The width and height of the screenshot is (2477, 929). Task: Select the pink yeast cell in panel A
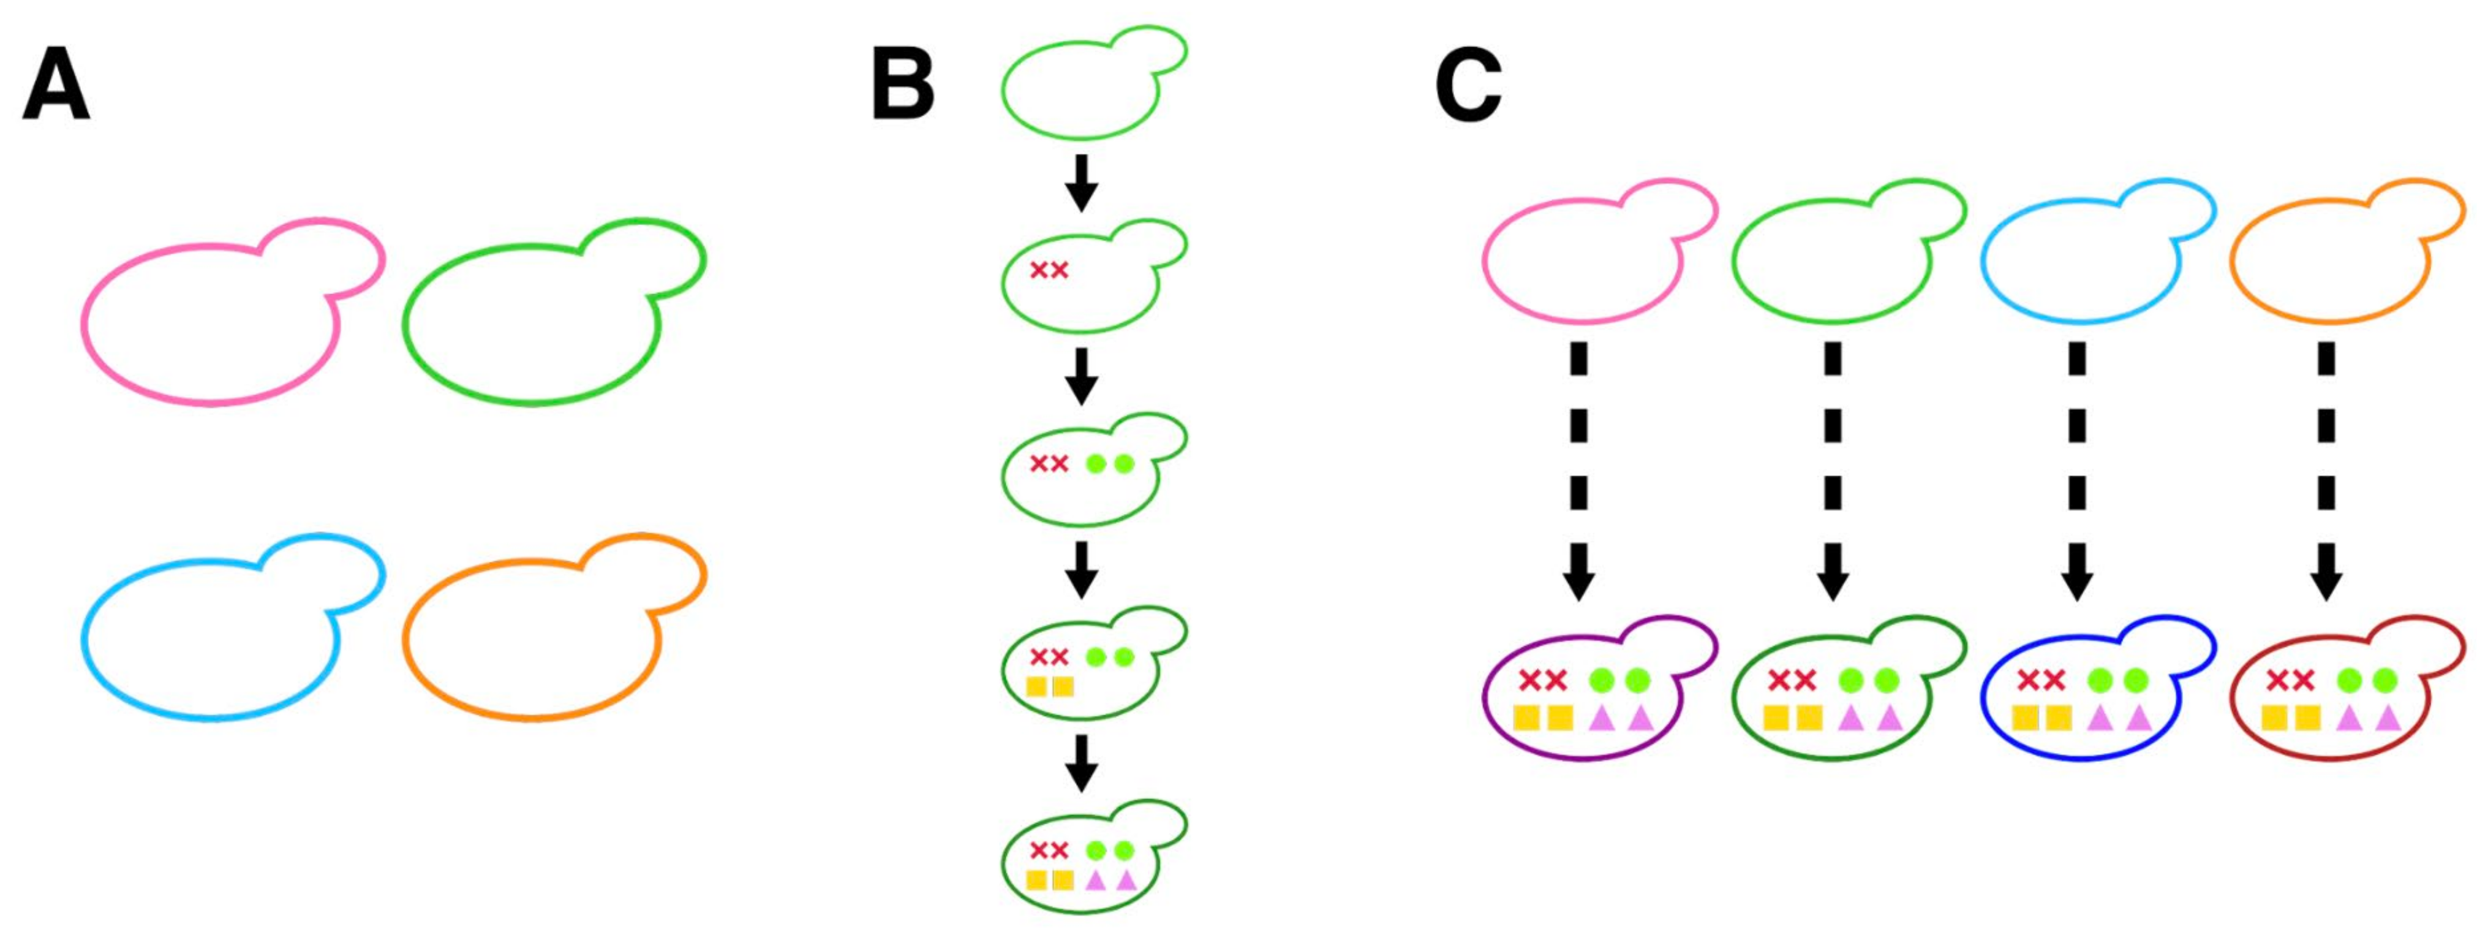tap(211, 322)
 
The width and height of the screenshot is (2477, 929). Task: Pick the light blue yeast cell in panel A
tap(211, 640)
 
